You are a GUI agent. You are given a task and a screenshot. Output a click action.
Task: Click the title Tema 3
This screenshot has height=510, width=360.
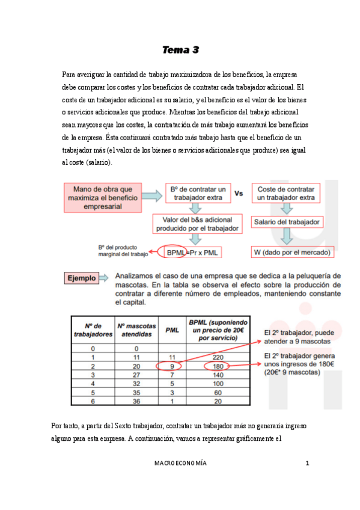click(x=180, y=50)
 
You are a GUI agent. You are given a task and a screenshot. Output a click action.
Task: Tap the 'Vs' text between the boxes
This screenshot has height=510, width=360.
click(x=239, y=194)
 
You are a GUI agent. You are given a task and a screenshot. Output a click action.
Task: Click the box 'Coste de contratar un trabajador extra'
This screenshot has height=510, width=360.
click(x=286, y=194)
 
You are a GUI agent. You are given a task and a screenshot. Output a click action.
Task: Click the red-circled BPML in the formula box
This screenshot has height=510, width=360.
click(x=176, y=253)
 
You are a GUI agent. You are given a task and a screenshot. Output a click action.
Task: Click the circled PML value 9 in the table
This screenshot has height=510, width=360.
click(x=171, y=365)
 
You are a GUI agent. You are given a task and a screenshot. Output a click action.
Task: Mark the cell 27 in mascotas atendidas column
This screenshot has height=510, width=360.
click(x=136, y=373)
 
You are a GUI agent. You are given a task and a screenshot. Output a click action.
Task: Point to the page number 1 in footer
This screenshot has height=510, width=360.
click(x=307, y=463)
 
